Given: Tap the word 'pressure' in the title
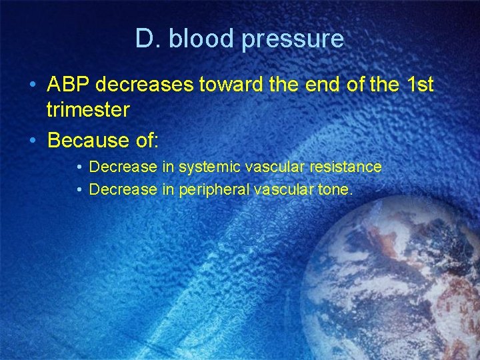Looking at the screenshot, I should tap(293, 40).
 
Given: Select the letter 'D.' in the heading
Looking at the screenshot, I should tap(149, 39).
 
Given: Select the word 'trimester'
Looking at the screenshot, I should tap(87, 110).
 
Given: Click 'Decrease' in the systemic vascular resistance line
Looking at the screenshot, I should tap(123, 167).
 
